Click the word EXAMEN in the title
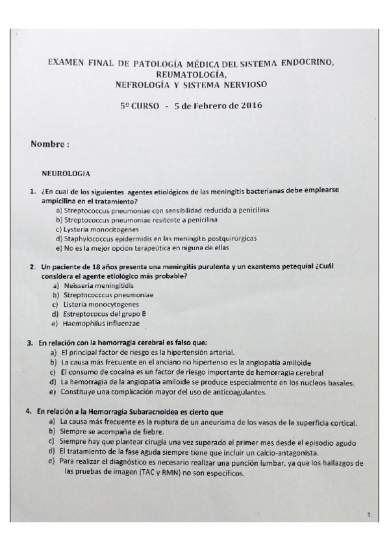tap(66, 62)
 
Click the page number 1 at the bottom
tap(368, 515)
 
